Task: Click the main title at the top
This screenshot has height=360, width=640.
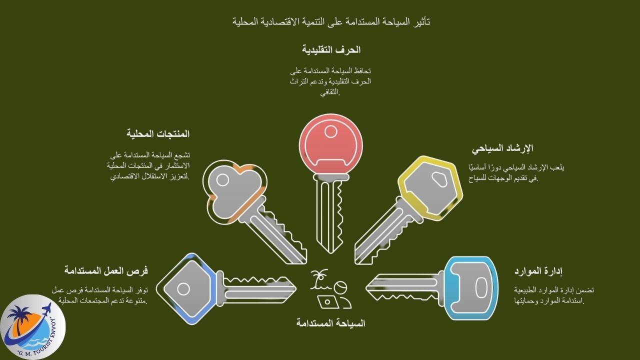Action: click(331, 21)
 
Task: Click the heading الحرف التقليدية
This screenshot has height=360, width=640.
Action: click(331, 50)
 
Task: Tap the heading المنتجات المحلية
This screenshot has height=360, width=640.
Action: click(157, 134)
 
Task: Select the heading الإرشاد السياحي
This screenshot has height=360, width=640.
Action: click(502, 148)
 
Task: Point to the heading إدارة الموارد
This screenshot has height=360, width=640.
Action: click(538, 271)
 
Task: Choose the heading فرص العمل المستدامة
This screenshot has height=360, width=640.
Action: click(106, 270)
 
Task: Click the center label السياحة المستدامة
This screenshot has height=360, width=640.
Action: click(330, 323)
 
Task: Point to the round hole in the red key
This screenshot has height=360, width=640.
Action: click(330, 132)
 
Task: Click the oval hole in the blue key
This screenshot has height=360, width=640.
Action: click(481, 287)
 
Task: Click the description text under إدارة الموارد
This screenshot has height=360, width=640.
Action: click(554, 295)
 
